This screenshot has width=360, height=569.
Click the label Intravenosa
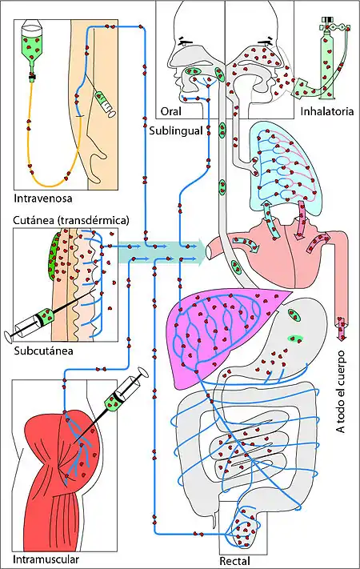coord(43,198)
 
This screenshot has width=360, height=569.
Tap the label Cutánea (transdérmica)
coord(71,220)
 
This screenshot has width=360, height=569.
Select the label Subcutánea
coord(43,351)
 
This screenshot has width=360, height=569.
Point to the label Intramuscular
coord(46,559)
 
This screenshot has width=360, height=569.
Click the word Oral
coord(170,111)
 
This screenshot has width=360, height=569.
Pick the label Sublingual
coord(176,130)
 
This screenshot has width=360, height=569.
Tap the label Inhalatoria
coord(326,111)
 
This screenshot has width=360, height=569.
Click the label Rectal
coord(234,561)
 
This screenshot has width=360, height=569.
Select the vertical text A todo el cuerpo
coord(341,392)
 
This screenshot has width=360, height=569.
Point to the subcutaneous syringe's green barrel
coord(46,315)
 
